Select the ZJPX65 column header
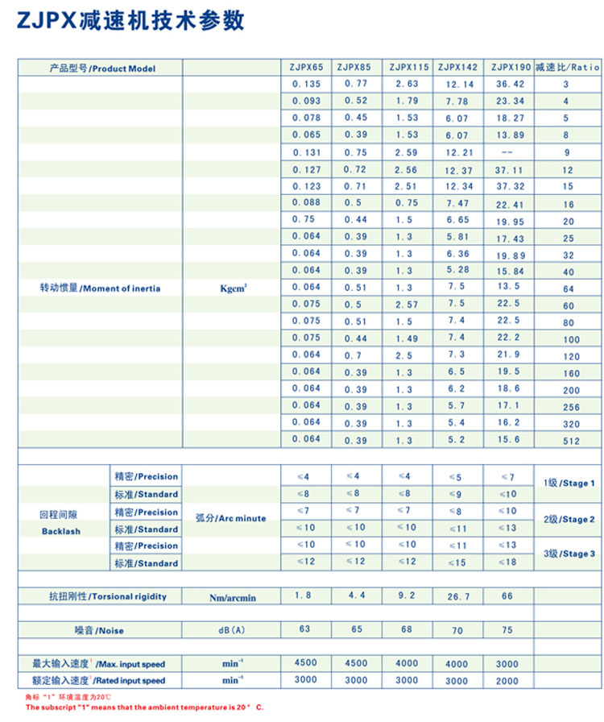pos(305,68)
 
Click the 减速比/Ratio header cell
pos(568,68)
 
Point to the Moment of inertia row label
pos(100,288)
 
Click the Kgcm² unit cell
pos(233,288)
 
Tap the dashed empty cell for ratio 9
pos(507,152)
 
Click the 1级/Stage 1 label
pos(569,483)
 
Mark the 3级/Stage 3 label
pos(569,554)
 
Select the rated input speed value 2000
pos(507,681)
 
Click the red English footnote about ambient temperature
pos(144,707)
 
